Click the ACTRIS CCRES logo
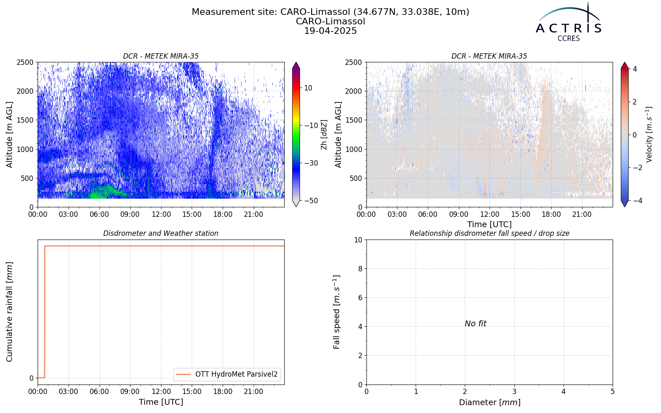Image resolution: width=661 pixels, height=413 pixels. click(x=568, y=22)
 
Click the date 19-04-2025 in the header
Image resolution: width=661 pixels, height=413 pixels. click(x=330, y=31)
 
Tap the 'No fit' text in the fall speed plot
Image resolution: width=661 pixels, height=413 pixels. click(x=476, y=324)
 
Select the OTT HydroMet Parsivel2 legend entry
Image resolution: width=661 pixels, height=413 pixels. click(x=227, y=374)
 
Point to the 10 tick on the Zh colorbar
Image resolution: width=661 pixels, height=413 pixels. click(x=308, y=88)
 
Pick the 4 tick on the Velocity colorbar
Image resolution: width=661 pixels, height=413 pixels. click(x=635, y=69)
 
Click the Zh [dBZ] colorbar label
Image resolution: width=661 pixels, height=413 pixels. click(x=324, y=135)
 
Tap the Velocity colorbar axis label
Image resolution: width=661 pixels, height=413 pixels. click(x=649, y=135)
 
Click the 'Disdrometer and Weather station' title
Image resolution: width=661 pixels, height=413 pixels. click(x=161, y=233)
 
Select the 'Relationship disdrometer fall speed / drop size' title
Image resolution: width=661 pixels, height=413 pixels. click(x=490, y=233)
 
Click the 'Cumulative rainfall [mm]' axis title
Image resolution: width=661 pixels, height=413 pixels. click(x=10, y=312)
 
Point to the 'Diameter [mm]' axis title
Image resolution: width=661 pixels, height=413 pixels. click(x=490, y=402)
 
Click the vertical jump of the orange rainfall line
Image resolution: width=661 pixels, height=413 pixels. click(x=45, y=312)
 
